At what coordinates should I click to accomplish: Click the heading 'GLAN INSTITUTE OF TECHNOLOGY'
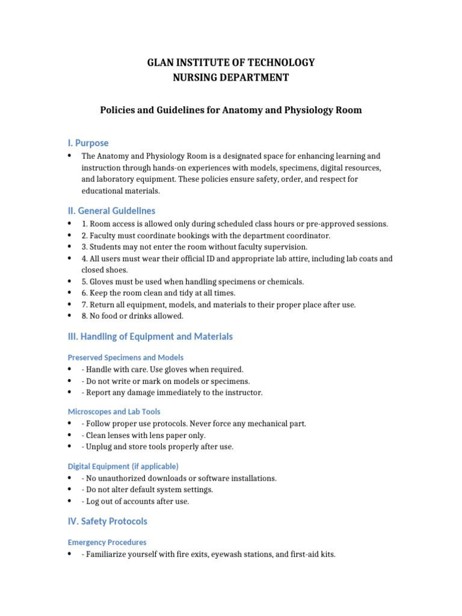pyautogui.click(x=231, y=63)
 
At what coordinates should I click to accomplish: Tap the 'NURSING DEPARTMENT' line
pyautogui.click(x=231, y=77)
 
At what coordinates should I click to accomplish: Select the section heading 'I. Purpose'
pyautogui.click(x=88, y=143)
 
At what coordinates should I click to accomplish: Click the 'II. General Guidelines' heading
pyautogui.click(x=111, y=211)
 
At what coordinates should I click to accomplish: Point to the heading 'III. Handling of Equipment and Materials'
pyautogui.click(x=150, y=336)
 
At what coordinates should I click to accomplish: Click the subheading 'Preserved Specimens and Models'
pyautogui.click(x=126, y=357)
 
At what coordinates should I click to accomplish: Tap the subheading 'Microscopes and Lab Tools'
pyautogui.click(x=114, y=411)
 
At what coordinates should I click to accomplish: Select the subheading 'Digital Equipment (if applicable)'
pyautogui.click(x=123, y=466)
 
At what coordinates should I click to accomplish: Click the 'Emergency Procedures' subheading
pyautogui.click(x=107, y=542)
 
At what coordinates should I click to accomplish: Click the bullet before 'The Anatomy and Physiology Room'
pyautogui.click(x=70, y=155)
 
